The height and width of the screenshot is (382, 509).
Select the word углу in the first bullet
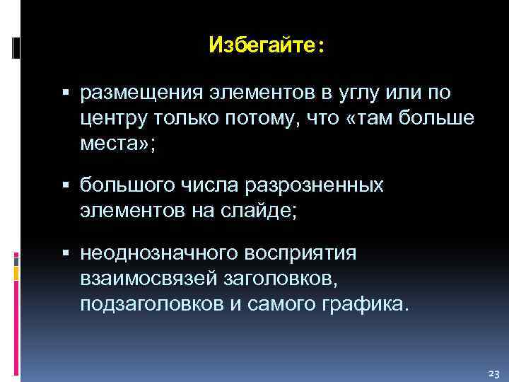click(x=358, y=93)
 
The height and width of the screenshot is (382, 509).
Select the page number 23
click(x=493, y=373)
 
